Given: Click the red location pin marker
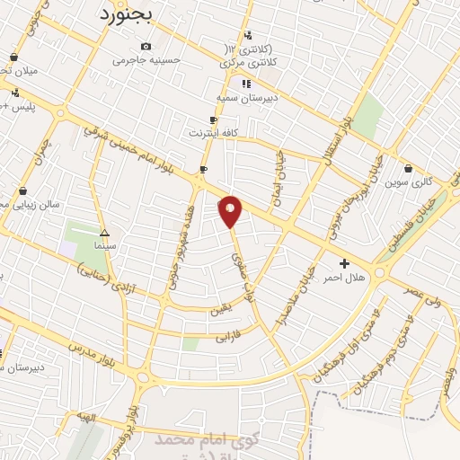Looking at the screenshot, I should [231, 211].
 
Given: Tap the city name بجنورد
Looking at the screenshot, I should [126, 15].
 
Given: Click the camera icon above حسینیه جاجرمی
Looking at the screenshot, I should [146, 47].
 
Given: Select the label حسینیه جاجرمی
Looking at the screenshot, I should [146, 60].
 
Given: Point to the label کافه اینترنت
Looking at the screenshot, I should [213, 133].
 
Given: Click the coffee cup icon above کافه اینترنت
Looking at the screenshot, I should [213, 119].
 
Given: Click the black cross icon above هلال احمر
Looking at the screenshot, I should [345, 263].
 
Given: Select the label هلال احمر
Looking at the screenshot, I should [345, 278].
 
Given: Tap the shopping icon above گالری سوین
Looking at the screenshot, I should [409, 168].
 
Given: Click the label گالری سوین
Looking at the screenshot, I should [409, 181].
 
